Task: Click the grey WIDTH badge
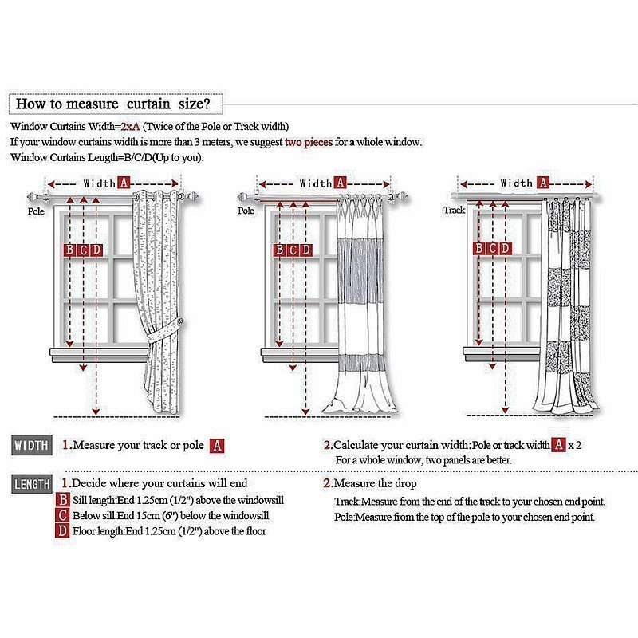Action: click(32, 446)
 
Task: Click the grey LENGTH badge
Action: click(32, 484)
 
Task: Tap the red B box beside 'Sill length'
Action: click(63, 500)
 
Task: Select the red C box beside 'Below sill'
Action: click(63, 515)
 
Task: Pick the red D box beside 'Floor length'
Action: click(63, 531)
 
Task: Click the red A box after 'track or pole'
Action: click(217, 446)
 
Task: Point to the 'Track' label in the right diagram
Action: click(454, 210)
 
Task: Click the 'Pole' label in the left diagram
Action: click(36, 211)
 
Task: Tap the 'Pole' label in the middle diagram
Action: click(246, 211)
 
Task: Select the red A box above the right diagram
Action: click(543, 183)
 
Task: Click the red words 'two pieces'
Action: click(309, 142)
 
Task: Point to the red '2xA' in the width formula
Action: click(130, 127)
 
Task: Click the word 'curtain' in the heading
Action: click(148, 104)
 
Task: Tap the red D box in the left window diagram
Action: click(96, 250)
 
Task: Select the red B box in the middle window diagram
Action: click(279, 250)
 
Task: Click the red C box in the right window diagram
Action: click(492, 248)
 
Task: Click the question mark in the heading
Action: click(207, 104)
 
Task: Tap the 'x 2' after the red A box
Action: click(574, 445)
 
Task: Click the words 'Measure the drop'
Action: click(375, 483)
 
